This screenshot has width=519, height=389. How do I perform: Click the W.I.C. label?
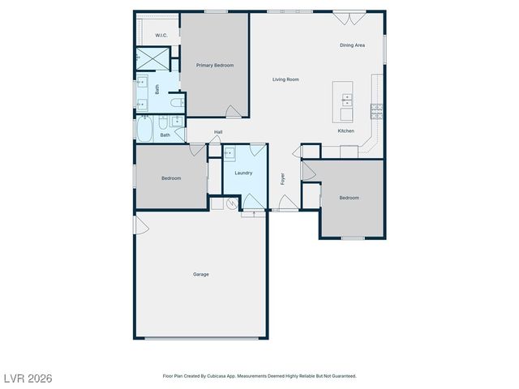(161, 36)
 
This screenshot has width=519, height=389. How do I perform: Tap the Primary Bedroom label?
(215, 65)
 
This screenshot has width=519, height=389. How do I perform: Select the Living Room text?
(285, 79)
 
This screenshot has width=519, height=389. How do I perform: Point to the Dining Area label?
(352, 45)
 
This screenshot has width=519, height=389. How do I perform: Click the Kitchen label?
(346, 131)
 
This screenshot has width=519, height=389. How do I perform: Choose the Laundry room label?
(243, 173)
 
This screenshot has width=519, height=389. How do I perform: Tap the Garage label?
(201, 274)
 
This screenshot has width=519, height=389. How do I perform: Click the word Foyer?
(283, 179)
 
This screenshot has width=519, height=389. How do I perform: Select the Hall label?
(218, 132)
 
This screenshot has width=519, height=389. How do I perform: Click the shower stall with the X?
(149, 58)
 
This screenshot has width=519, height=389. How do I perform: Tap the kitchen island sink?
(347, 100)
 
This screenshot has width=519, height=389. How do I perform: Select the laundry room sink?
(229, 152)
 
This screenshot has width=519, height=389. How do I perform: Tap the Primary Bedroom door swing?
(233, 112)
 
